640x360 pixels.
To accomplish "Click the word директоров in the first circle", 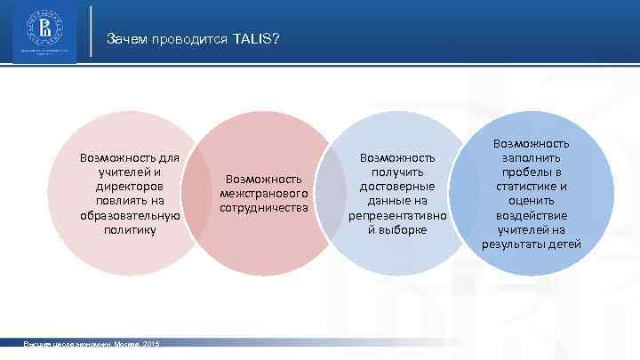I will (x=129, y=187).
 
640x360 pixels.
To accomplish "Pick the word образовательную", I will (x=129, y=215).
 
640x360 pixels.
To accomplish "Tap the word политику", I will (x=129, y=229).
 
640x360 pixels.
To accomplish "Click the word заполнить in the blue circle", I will (x=532, y=157).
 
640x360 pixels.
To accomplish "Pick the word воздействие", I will (x=532, y=215).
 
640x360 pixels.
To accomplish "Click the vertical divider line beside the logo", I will (x=93, y=34).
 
